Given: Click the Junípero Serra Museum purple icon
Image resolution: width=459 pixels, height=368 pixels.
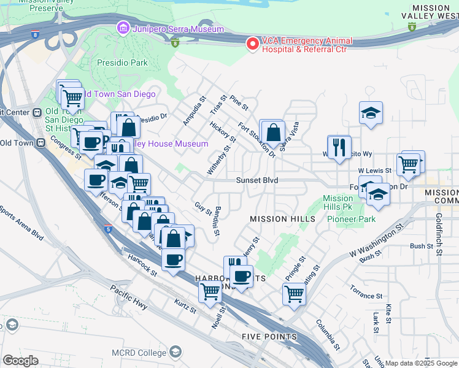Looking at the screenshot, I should point(123,28).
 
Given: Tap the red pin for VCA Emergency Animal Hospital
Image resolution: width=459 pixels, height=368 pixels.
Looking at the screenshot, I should point(252,44).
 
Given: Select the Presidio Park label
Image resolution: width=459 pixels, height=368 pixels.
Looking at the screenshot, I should point(122,63).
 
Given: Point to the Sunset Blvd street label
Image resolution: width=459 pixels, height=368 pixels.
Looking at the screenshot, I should point(258,180).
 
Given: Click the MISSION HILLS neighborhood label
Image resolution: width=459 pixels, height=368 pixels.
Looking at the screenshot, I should point(277,219).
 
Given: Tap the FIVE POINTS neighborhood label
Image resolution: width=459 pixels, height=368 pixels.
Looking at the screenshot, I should point(269,337).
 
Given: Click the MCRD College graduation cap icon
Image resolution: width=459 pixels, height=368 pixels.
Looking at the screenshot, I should point(175,352).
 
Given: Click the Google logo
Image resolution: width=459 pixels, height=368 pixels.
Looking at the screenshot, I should point(20,361).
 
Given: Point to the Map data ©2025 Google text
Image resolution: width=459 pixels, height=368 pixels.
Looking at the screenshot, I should point(421,363).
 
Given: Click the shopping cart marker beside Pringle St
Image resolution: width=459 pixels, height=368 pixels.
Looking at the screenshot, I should point(295,294).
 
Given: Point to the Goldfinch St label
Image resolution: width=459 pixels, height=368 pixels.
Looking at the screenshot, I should point(438,225).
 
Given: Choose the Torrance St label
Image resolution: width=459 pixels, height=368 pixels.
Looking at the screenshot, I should point(367,292).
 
